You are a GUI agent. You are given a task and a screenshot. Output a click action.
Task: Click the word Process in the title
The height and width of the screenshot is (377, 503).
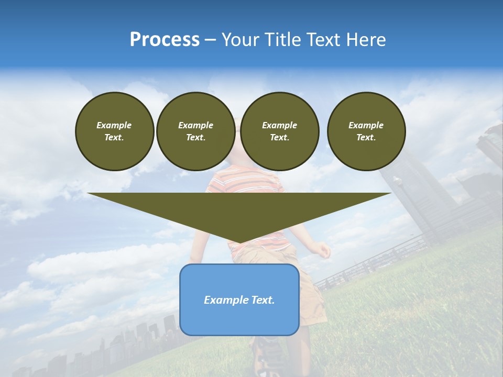[165, 40]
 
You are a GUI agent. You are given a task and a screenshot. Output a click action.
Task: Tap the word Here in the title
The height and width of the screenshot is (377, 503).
[367, 40]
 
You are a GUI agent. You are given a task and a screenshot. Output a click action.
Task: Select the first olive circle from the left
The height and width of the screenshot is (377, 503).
[115, 131]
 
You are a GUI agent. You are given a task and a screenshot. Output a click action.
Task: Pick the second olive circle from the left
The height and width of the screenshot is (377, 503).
[196, 131]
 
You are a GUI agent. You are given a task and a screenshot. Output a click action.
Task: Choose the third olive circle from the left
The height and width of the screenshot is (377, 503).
[280, 131]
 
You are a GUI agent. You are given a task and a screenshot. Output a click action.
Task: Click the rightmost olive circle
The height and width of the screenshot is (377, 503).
[366, 131]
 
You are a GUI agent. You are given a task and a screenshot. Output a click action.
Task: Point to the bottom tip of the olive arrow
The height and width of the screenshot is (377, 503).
[239, 243]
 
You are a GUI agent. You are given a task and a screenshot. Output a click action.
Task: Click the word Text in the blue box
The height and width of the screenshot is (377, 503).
[264, 300]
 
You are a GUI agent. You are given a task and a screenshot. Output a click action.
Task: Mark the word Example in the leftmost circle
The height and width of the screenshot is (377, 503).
[114, 125]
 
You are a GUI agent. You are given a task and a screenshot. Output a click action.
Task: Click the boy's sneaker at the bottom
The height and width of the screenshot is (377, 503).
[267, 356]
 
